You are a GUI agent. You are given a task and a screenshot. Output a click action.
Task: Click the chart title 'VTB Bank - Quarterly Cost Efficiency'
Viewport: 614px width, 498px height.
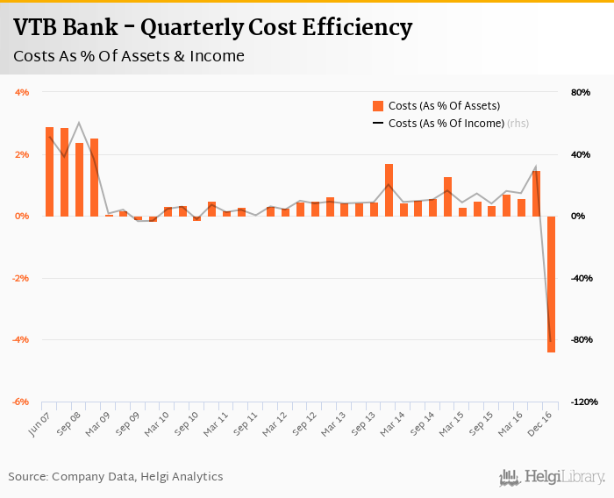(x=213, y=27)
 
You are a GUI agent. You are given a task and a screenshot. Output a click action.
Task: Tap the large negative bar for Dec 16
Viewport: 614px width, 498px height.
(x=552, y=284)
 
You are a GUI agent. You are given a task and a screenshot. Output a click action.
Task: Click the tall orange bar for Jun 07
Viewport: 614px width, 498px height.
(x=50, y=171)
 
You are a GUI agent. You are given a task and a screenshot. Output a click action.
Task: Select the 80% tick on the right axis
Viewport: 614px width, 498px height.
(x=581, y=92)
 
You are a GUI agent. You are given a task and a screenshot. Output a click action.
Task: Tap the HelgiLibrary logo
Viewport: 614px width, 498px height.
(x=552, y=476)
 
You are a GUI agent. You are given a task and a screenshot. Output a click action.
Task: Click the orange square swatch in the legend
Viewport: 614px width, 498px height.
(x=378, y=106)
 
